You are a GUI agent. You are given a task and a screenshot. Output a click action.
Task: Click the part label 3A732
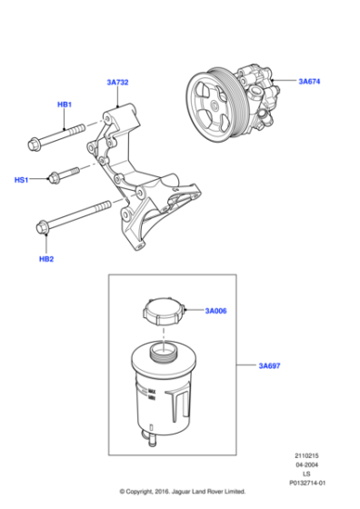click(118, 83)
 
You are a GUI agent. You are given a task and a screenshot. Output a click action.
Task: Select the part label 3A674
click(311, 82)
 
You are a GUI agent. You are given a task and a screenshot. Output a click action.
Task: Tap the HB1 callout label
click(65, 105)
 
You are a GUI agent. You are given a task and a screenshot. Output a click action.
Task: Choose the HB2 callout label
click(45, 258)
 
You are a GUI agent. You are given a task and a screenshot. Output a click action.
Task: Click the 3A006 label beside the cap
click(215, 311)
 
